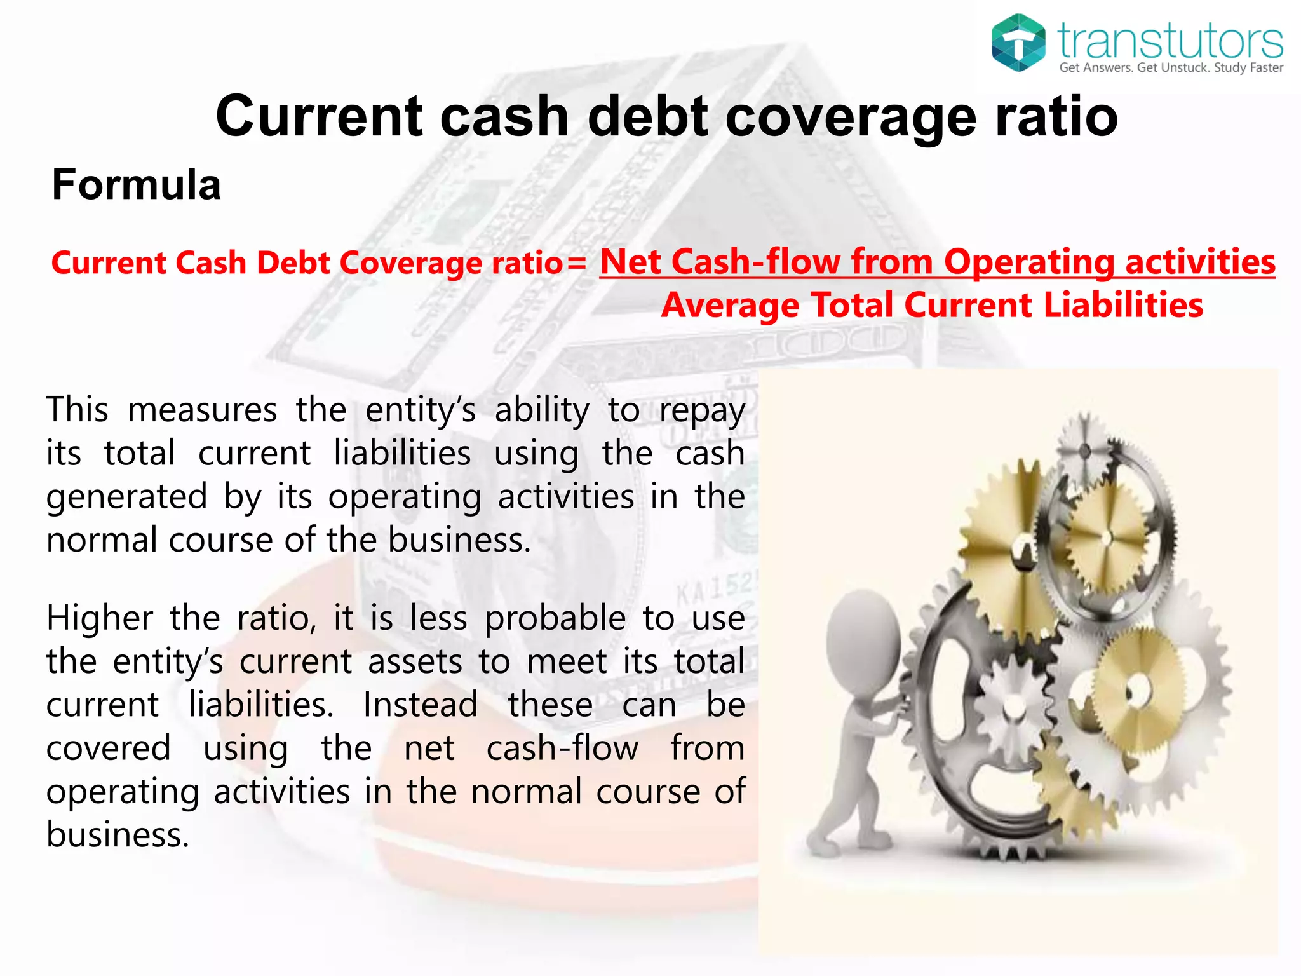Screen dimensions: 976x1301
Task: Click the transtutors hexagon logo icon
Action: point(1018,43)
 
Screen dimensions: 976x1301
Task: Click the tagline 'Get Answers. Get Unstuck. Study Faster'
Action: point(1171,68)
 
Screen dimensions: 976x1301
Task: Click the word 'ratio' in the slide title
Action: point(1056,117)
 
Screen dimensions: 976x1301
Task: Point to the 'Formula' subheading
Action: point(136,185)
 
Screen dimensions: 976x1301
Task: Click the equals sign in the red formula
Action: point(577,264)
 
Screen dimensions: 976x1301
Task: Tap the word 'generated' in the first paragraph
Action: point(127,497)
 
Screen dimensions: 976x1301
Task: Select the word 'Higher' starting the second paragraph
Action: point(100,618)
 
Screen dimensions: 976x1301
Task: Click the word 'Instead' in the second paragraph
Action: point(421,705)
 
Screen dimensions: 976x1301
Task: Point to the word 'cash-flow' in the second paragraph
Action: point(562,748)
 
